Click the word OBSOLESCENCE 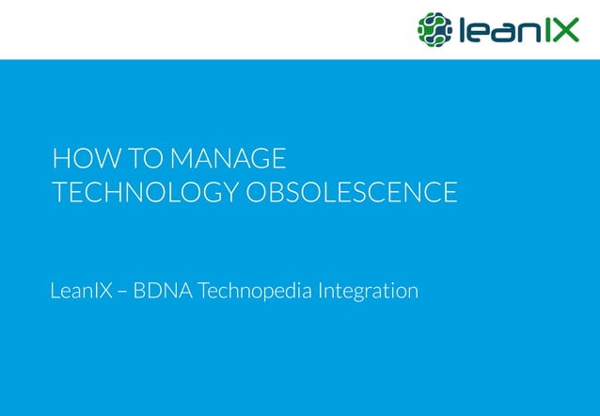352,192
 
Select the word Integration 369,293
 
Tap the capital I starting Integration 322,291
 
